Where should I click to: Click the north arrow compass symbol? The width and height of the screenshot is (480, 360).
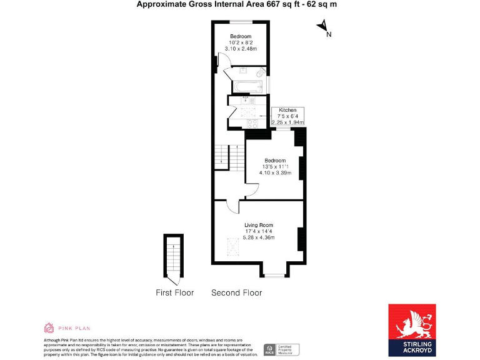(x=323, y=27)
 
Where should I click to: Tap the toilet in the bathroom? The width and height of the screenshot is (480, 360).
(x=260, y=72)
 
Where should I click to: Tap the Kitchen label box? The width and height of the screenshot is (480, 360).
(x=287, y=116)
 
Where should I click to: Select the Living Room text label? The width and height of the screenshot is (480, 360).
(x=258, y=225)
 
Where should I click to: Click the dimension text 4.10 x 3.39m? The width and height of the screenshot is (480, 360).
(x=275, y=172)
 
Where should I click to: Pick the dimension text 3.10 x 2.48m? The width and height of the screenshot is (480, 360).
(x=241, y=49)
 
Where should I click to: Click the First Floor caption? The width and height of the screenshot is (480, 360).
(x=174, y=292)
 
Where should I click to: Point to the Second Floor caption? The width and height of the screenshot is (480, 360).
(x=236, y=292)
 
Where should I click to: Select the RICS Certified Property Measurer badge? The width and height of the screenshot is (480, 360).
(x=281, y=349)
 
